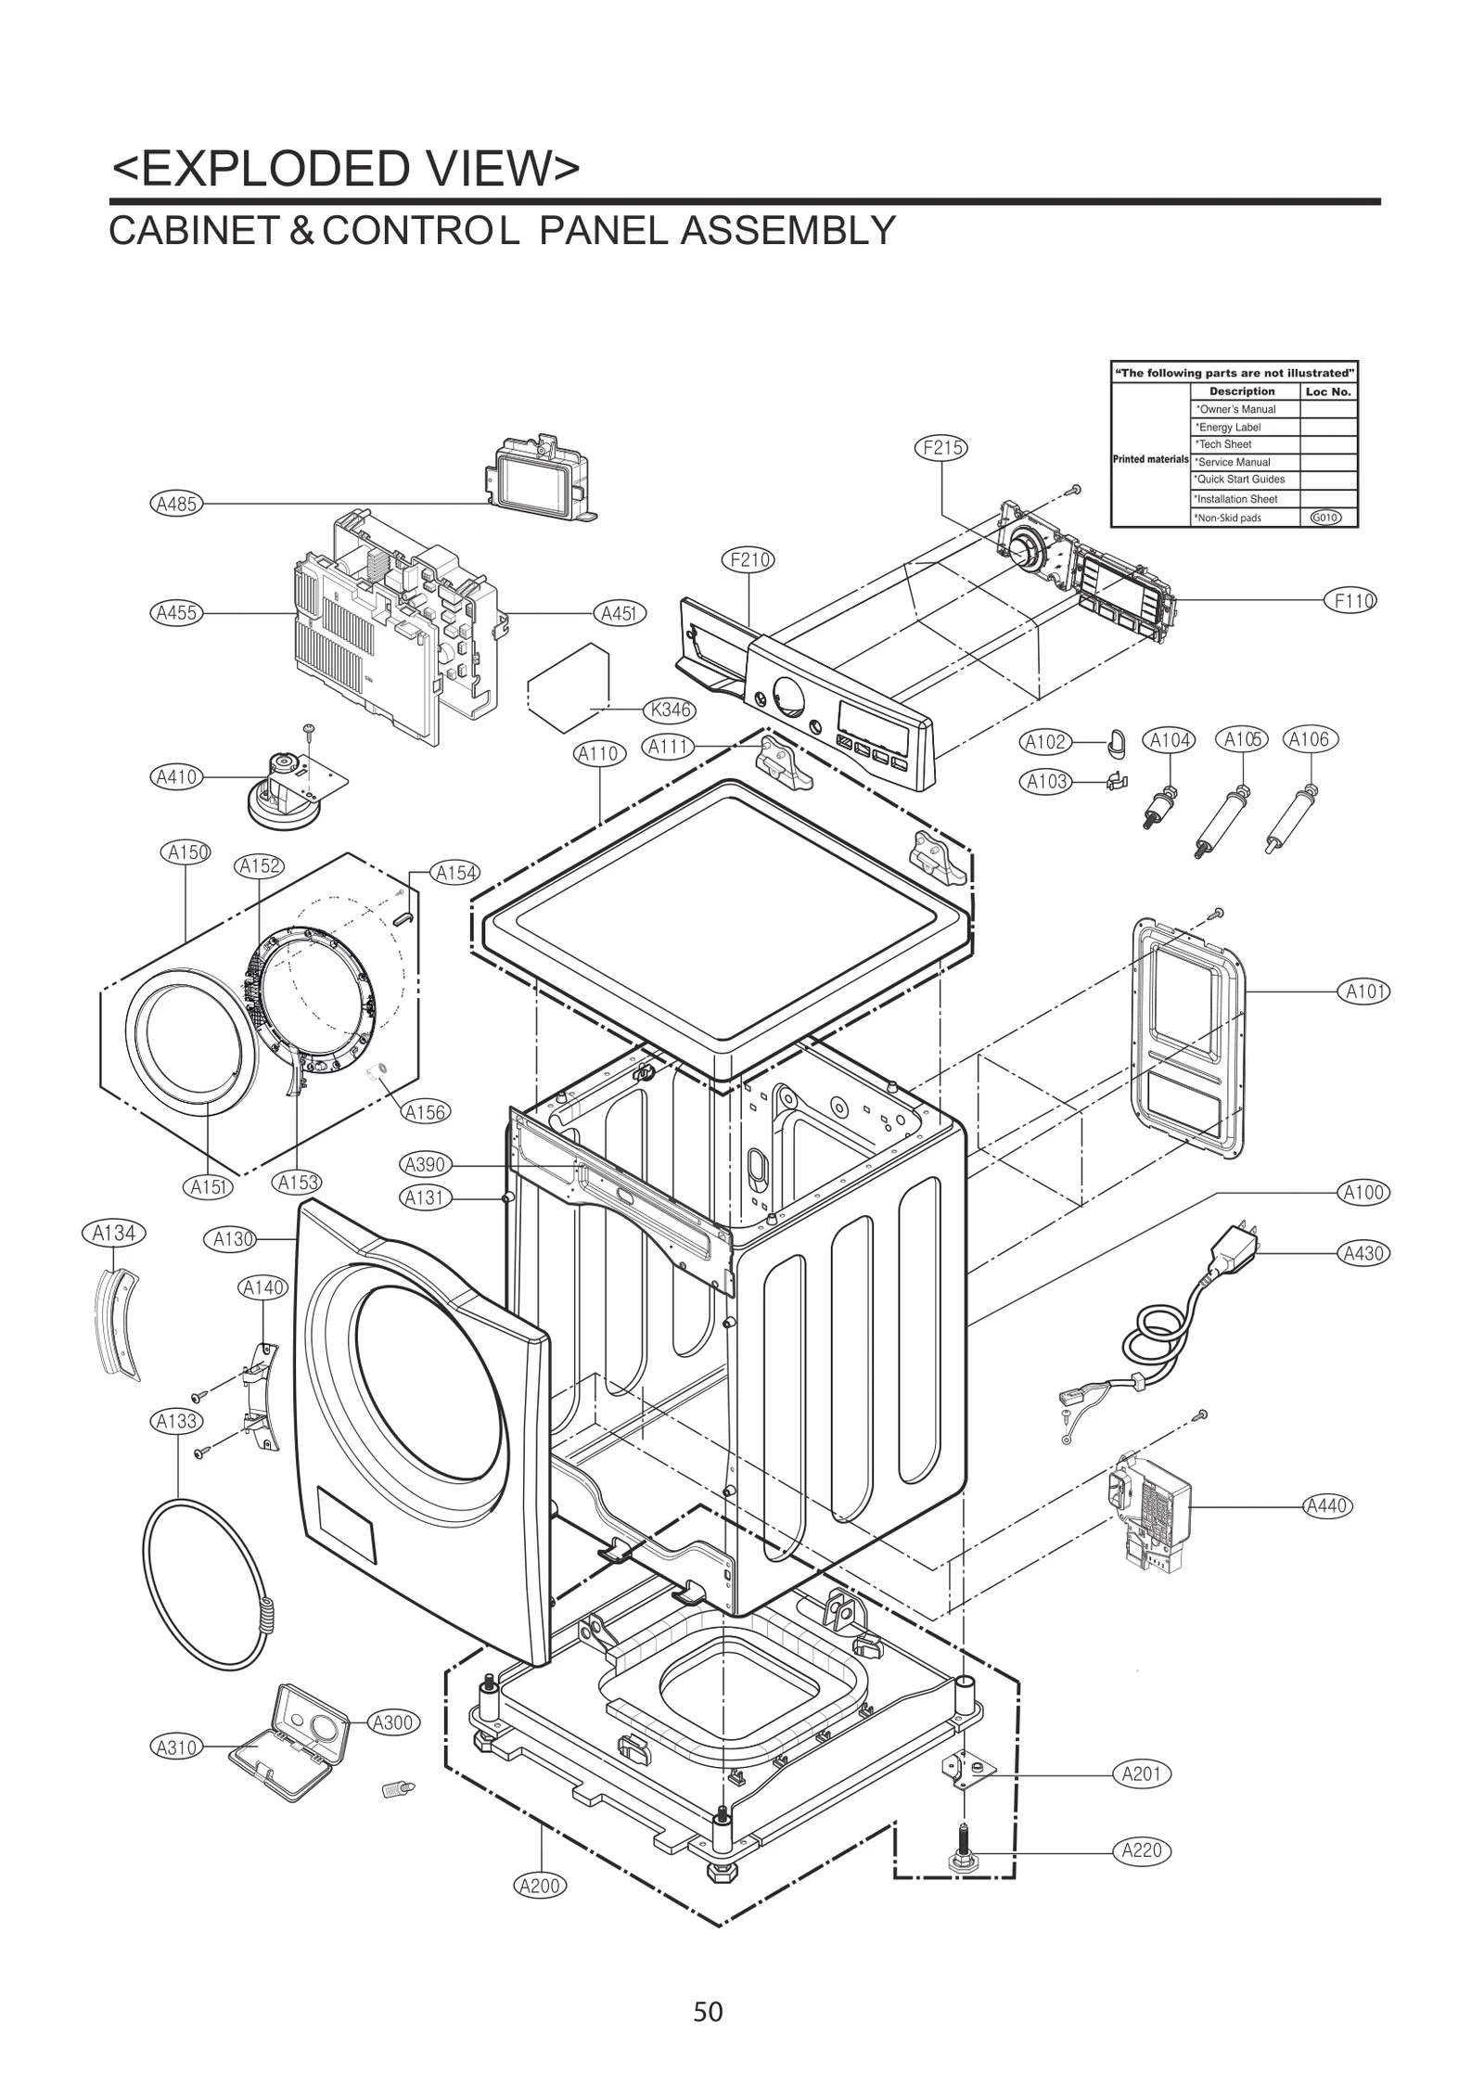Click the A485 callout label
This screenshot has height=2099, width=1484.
coord(174,504)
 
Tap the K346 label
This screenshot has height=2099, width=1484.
coord(670,710)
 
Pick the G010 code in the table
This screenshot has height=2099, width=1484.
coord(1326,518)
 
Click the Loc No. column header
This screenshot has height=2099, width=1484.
coord(1328,391)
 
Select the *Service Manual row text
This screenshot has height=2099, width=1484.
coord(1234,462)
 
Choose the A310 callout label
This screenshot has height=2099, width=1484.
coord(175,1747)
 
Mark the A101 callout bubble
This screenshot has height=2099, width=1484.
coord(1364,992)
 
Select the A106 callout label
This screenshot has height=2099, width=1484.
coord(1309,739)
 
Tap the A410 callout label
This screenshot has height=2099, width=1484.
coord(175,776)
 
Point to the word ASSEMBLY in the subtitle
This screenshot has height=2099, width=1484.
coord(787,231)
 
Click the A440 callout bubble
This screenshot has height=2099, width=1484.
coord(1326,1505)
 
